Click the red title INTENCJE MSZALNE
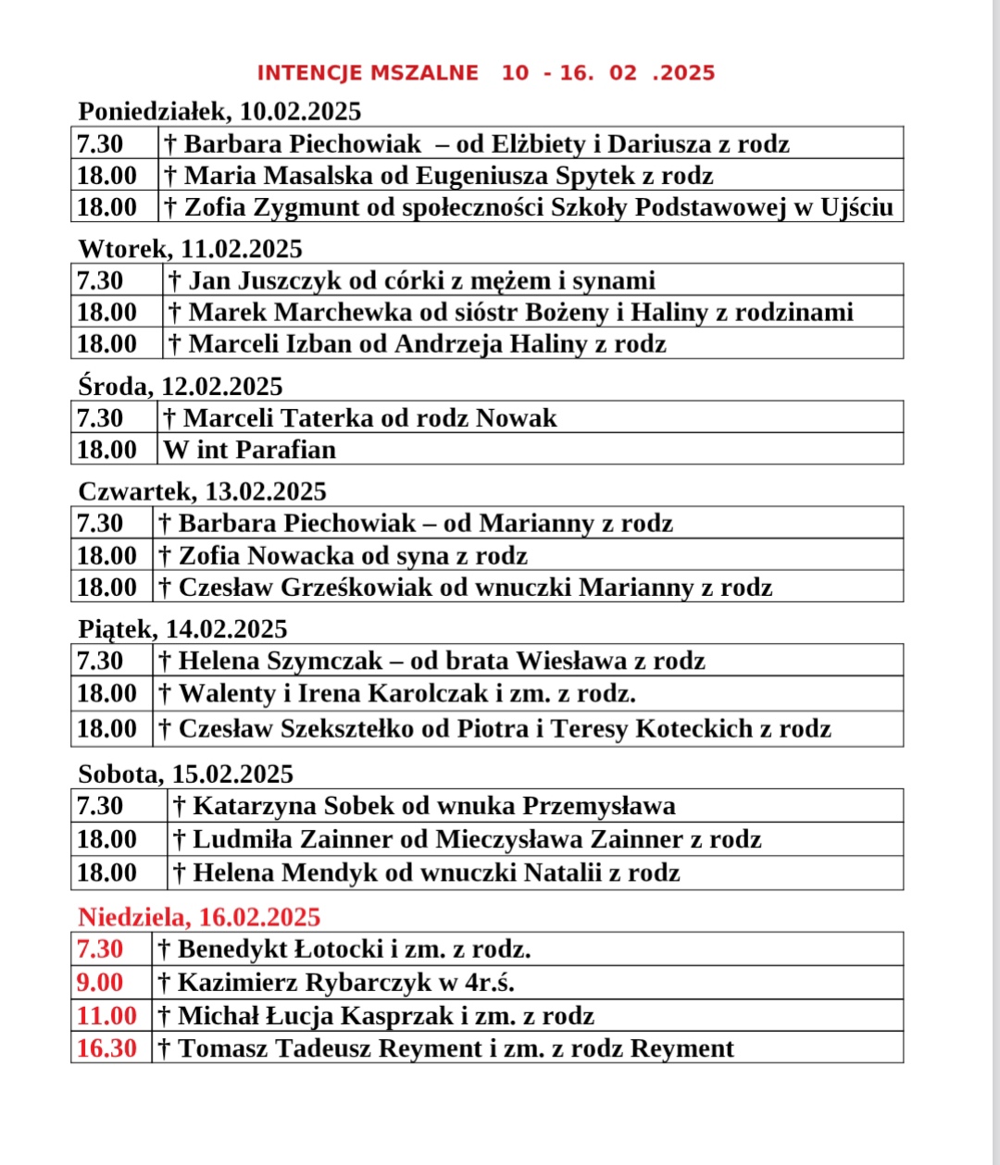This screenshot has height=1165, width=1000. (368, 73)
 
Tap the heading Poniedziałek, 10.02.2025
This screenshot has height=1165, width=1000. (219, 112)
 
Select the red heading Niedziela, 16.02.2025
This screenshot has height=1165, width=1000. (199, 917)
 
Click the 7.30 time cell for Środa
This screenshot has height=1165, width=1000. (100, 418)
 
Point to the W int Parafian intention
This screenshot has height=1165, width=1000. (250, 450)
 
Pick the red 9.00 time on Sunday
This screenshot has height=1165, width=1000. (100, 983)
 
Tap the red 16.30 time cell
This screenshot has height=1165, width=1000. (106, 1048)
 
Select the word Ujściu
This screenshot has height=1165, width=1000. (856, 207)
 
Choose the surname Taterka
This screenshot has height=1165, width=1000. (327, 418)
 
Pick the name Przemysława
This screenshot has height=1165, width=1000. (599, 806)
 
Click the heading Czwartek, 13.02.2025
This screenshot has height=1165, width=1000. (202, 491)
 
